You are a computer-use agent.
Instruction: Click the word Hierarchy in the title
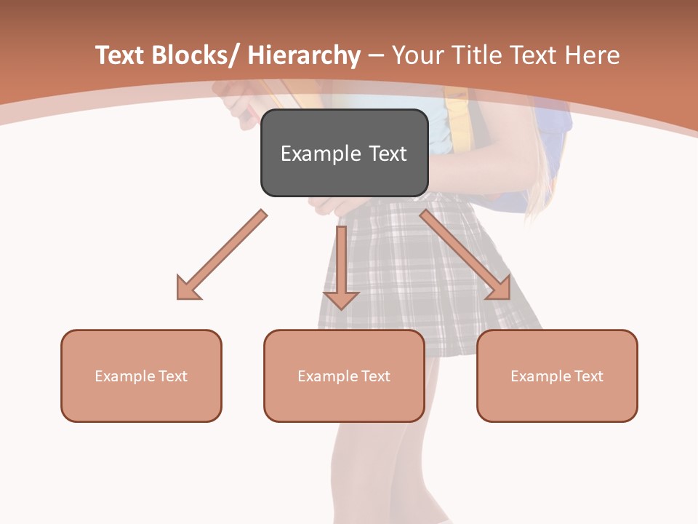[x=304, y=56]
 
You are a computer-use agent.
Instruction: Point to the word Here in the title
[x=594, y=56]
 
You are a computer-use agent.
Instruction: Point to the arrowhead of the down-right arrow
[x=500, y=288]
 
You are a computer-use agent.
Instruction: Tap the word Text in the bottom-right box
[x=588, y=376]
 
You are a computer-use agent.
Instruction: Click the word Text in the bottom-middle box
[x=375, y=376]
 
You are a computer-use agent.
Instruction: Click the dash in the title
[x=376, y=56]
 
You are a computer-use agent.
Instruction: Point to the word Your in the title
[x=417, y=56]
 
